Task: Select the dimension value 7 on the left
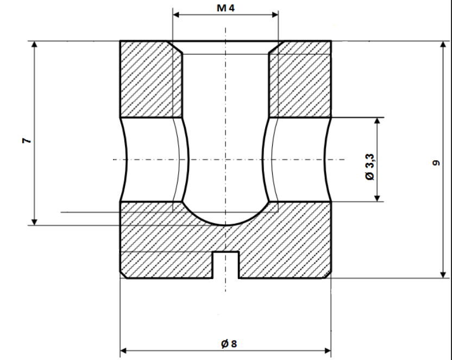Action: (26, 141)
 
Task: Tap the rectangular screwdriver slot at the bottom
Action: (225, 264)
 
